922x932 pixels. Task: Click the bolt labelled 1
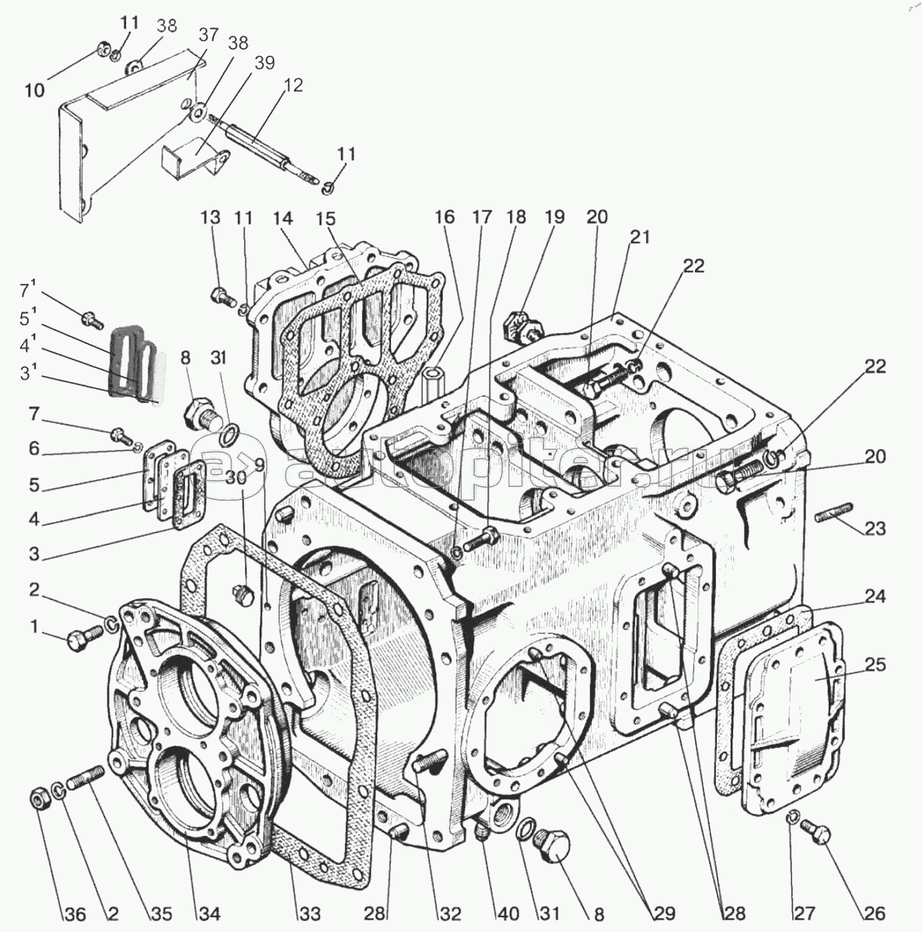(x=81, y=638)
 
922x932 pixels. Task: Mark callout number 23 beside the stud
(x=875, y=529)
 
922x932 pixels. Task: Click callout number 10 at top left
(x=35, y=90)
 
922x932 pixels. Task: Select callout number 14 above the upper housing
(x=282, y=218)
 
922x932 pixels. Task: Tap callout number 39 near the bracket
(x=264, y=64)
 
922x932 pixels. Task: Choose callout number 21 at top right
(x=639, y=237)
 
